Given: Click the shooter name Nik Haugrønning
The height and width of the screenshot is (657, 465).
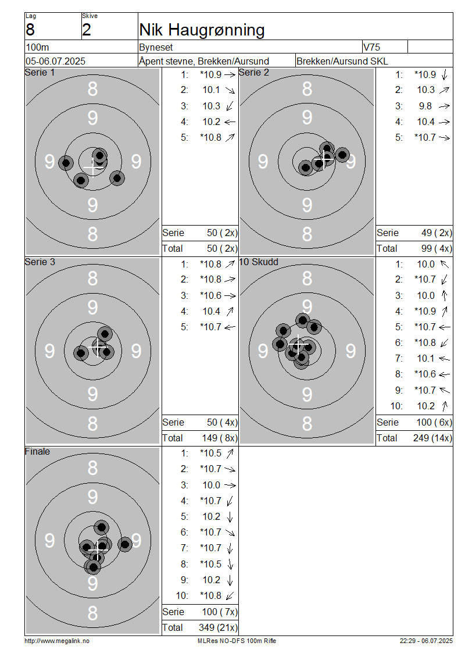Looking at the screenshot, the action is [x=202, y=30].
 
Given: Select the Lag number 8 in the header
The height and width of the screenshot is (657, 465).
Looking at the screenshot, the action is [x=30, y=30].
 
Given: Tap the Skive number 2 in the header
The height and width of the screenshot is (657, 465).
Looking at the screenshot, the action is [x=86, y=30].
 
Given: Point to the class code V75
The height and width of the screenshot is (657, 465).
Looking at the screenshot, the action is [x=371, y=47].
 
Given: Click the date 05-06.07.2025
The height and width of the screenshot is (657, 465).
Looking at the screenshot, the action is [x=55, y=61].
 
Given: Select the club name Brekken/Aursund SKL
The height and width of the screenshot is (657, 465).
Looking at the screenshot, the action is [x=342, y=61].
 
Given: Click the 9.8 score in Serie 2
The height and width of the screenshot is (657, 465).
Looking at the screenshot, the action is [x=425, y=106].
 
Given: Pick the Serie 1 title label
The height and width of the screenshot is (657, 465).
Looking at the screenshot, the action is [x=40, y=73].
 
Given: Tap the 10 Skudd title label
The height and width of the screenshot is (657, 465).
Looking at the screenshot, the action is [x=259, y=262].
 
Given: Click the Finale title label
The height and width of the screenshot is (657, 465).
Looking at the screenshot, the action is [x=37, y=451].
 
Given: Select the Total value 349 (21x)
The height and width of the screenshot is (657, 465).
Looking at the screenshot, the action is [x=218, y=627].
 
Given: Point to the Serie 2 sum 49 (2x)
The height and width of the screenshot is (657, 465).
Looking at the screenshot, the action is [x=437, y=233].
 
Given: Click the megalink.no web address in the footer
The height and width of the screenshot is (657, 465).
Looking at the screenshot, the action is [x=57, y=641].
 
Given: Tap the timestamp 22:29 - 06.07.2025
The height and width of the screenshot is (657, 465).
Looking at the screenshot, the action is [x=426, y=641].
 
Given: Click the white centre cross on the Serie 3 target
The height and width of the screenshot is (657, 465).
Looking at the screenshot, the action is [x=99, y=347].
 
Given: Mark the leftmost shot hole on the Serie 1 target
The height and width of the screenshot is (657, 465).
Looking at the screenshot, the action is [x=66, y=163].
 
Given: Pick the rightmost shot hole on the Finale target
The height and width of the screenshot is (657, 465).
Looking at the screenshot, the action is [x=124, y=544].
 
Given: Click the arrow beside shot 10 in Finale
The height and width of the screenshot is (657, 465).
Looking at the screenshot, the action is [x=229, y=595].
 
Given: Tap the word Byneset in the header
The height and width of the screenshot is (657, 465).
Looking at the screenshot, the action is [x=156, y=47].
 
